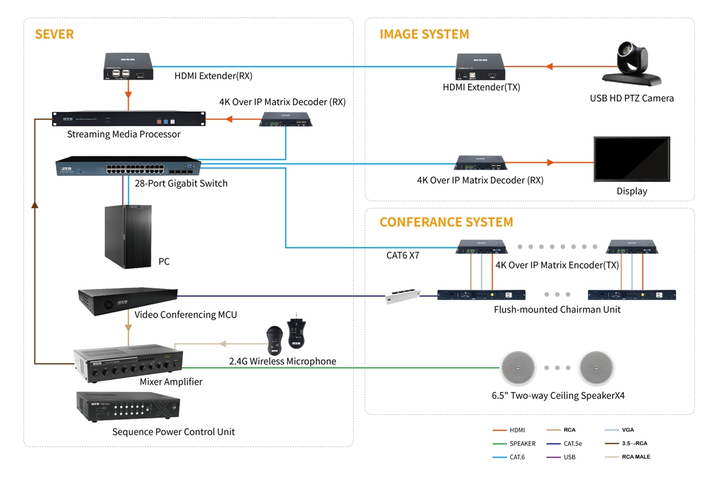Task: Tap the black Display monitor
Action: (632, 159)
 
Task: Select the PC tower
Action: (128, 236)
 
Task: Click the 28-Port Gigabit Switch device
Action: (128, 166)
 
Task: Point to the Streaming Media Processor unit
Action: (128, 119)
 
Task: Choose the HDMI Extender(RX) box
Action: (128, 67)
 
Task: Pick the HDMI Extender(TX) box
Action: (480, 67)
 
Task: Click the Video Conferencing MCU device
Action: (128, 301)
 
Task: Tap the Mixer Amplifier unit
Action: (128, 363)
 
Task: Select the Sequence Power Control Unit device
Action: (128, 407)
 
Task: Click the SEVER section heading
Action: (54, 35)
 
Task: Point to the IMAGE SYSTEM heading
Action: (424, 35)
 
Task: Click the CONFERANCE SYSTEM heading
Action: (446, 222)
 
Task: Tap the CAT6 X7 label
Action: (402, 255)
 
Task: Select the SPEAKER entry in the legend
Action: (514, 443)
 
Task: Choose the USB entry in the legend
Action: (561, 457)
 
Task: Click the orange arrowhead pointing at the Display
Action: (551, 162)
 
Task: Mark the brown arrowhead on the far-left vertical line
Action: (35, 205)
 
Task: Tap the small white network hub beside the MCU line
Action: (402, 295)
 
